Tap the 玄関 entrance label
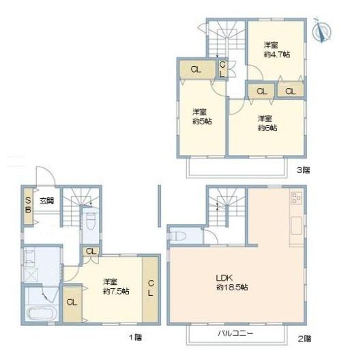pos(47,201)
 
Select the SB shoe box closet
pos(29,206)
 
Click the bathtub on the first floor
pos(40,312)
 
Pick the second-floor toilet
pos(179,236)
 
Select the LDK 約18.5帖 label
pos(232,283)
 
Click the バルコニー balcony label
pos(235,334)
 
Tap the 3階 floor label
pos(304,171)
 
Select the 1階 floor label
pos(135,337)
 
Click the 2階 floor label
pos(304,339)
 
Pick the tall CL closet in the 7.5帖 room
pos(151,289)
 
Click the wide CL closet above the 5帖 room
pos(197,70)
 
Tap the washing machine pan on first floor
pos(31,275)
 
